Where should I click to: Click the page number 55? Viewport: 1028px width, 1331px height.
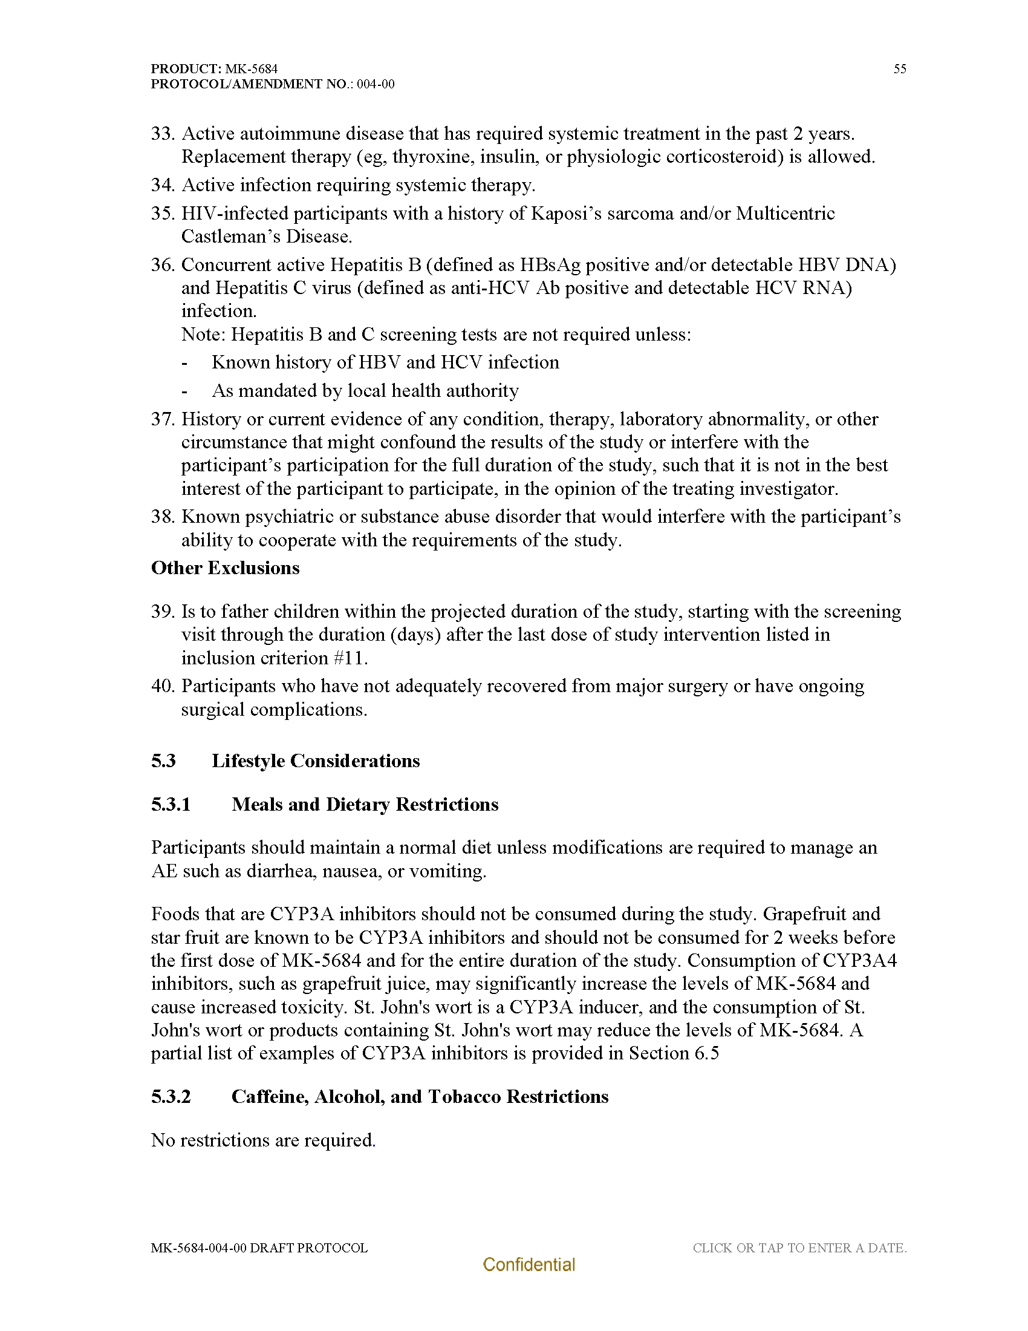900,69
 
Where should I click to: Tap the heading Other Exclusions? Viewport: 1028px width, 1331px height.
226,568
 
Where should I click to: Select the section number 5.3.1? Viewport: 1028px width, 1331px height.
171,805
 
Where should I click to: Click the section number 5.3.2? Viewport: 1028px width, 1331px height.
171,1096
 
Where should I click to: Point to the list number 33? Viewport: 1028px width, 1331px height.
163,134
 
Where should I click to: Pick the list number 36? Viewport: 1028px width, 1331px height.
163,265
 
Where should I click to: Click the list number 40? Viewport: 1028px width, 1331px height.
163,686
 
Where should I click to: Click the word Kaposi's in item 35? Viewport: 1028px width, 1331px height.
569,214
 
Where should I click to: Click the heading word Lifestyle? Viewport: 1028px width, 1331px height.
248,761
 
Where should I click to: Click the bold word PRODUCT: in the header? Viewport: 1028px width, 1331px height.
186,69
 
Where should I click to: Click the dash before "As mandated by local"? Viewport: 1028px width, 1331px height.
184,391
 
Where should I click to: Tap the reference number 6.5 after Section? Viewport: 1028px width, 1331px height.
706,1053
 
